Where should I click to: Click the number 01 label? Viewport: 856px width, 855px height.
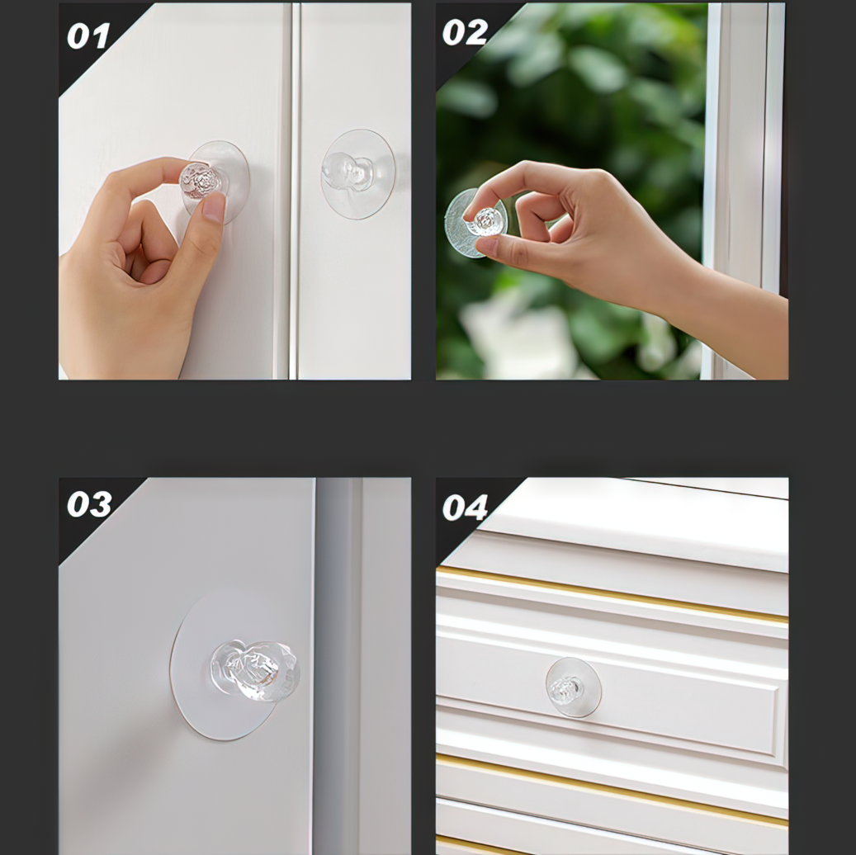(87, 36)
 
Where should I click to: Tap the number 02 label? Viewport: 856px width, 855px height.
(465, 32)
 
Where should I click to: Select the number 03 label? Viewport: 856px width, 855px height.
(89, 504)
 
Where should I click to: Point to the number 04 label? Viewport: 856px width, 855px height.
(465, 508)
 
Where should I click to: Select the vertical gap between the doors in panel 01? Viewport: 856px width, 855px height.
(294, 191)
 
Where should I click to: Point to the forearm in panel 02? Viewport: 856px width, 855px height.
(726, 317)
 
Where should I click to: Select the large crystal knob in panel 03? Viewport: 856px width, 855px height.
(255, 671)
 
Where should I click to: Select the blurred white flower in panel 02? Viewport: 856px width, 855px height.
(518, 338)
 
